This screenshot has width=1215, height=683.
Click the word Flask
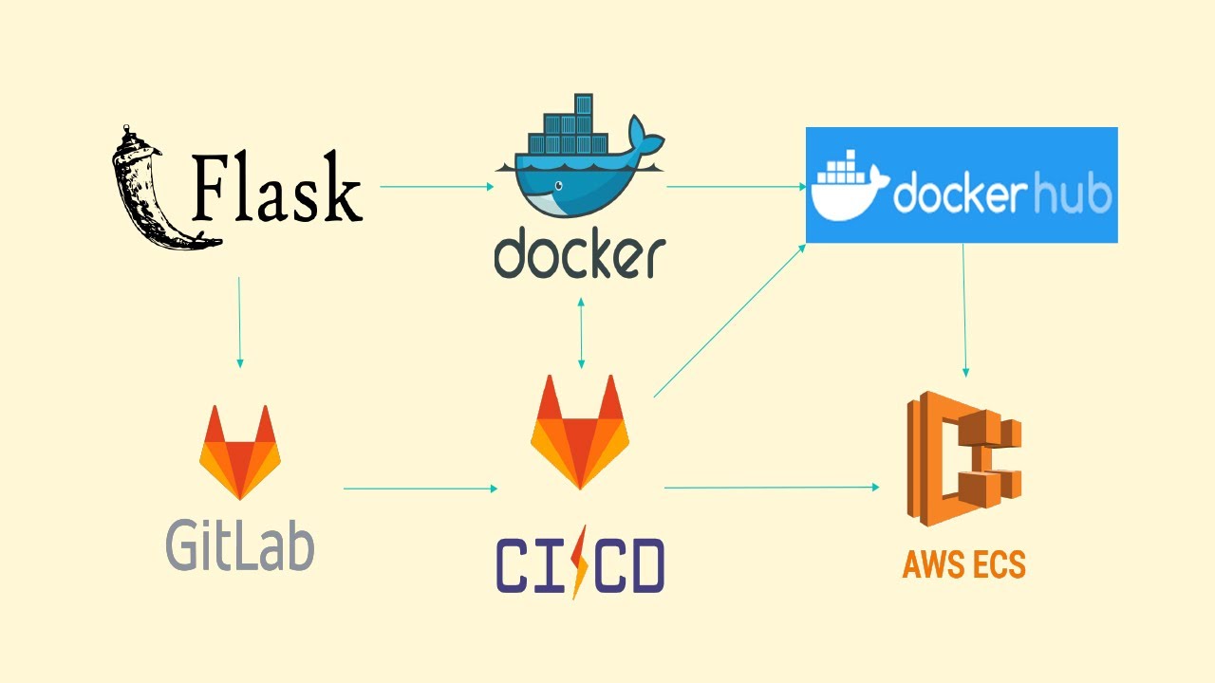(x=277, y=190)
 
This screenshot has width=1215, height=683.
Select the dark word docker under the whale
(x=579, y=255)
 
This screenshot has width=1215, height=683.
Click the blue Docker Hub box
(x=961, y=185)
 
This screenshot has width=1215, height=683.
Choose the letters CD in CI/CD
(x=628, y=566)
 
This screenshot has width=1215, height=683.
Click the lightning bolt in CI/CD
(x=579, y=566)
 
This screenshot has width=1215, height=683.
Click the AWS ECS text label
(x=963, y=566)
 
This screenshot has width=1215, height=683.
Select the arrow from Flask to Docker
(x=437, y=186)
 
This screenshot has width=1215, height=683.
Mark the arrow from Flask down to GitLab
(x=239, y=323)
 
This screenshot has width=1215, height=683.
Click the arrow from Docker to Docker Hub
(x=736, y=186)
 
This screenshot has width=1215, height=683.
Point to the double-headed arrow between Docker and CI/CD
(x=581, y=332)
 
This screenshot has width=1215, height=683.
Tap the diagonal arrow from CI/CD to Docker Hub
(x=729, y=320)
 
